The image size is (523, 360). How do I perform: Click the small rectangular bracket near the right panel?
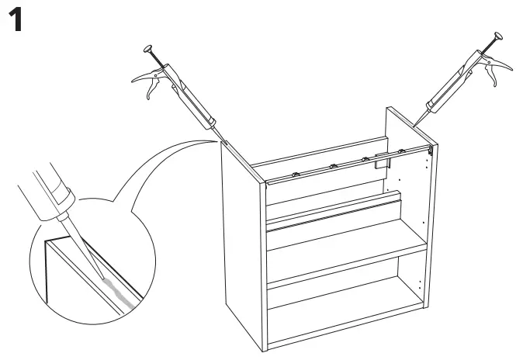pyautogui.click(x=380, y=162)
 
